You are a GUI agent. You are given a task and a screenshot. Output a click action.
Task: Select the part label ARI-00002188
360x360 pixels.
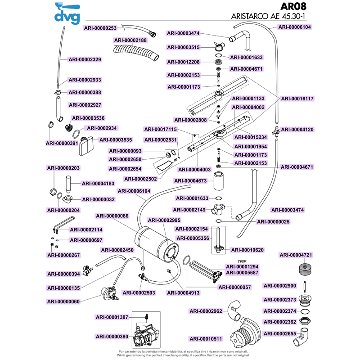130,40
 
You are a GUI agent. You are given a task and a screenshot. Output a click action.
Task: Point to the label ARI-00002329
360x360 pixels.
85,59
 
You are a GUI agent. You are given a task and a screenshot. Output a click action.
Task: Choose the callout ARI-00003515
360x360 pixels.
184,47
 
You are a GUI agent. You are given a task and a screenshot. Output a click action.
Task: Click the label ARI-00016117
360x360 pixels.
297,98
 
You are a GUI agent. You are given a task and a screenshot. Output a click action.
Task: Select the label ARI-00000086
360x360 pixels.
112,216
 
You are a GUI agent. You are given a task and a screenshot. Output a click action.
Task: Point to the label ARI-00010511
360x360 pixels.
206,339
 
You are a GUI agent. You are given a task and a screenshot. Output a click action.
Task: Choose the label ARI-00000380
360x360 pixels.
112,336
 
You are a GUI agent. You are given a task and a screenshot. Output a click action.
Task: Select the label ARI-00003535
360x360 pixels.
115,139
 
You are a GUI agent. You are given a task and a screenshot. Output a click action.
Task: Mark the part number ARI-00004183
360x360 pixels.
98,183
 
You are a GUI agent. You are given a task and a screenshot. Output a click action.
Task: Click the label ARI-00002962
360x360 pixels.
206,311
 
